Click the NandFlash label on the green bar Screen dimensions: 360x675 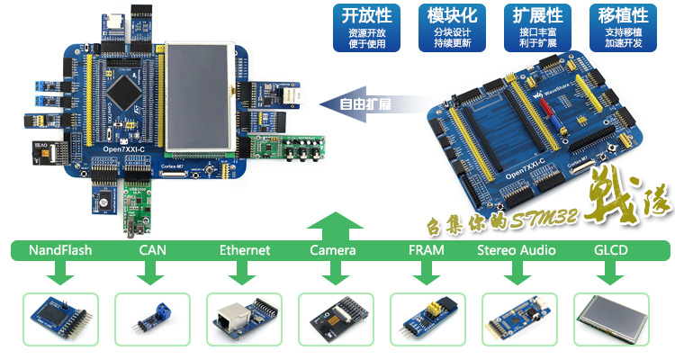point(60,250)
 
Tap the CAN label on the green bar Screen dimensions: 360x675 point(152,250)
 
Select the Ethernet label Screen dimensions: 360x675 point(244,250)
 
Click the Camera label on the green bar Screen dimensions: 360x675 point(332,250)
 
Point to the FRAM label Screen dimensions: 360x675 point(426,250)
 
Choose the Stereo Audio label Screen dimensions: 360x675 point(517,250)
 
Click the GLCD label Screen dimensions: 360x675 point(611,250)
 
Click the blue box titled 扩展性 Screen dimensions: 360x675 point(537,27)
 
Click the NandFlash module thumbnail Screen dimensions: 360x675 point(60,319)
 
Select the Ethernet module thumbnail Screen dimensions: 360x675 point(244,319)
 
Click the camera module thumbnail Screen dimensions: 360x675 point(337,319)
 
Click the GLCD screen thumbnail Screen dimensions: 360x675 point(612,319)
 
